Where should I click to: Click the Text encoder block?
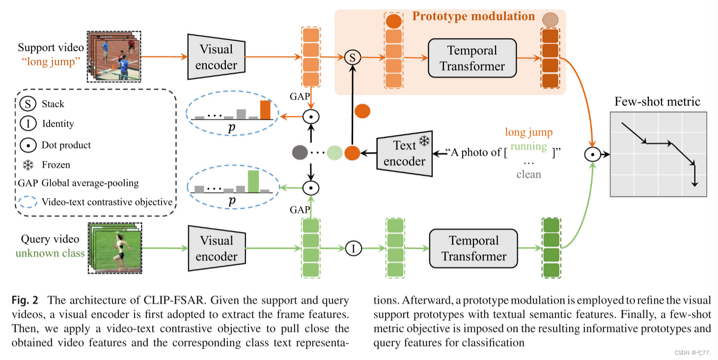404,153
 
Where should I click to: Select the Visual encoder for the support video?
216,57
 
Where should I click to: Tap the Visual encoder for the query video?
216,249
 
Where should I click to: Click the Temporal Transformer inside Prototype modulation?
472,58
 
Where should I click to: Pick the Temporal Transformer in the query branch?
473,249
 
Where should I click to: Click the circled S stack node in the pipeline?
352,57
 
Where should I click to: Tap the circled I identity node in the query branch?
353,249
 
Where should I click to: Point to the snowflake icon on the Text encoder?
424,141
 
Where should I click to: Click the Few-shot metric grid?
658,154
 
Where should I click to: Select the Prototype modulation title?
473,16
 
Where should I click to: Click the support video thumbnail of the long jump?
113,56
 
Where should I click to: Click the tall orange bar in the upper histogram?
265,110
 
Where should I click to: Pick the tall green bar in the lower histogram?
253,181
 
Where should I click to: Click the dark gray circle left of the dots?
299,153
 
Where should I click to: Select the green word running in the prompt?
528,146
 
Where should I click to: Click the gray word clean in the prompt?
528,174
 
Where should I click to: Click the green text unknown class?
50,253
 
